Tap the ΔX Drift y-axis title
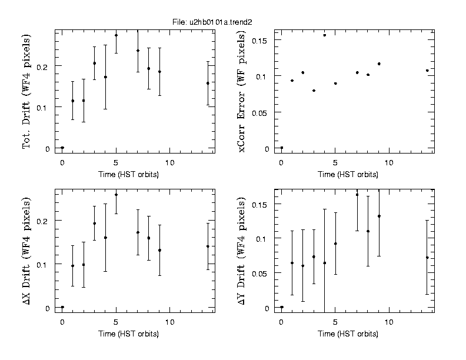(x=26, y=250)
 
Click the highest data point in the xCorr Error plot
(x=324, y=35)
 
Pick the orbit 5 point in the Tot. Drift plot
(x=116, y=35)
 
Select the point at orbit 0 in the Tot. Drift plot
(x=62, y=148)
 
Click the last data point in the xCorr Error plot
(x=427, y=71)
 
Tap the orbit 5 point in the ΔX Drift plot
(x=116, y=195)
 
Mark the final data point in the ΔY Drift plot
(x=427, y=258)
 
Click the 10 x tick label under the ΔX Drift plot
(x=170, y=322)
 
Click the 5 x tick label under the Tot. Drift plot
(x=116, y=161)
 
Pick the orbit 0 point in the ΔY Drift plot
(x=282, y=307)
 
